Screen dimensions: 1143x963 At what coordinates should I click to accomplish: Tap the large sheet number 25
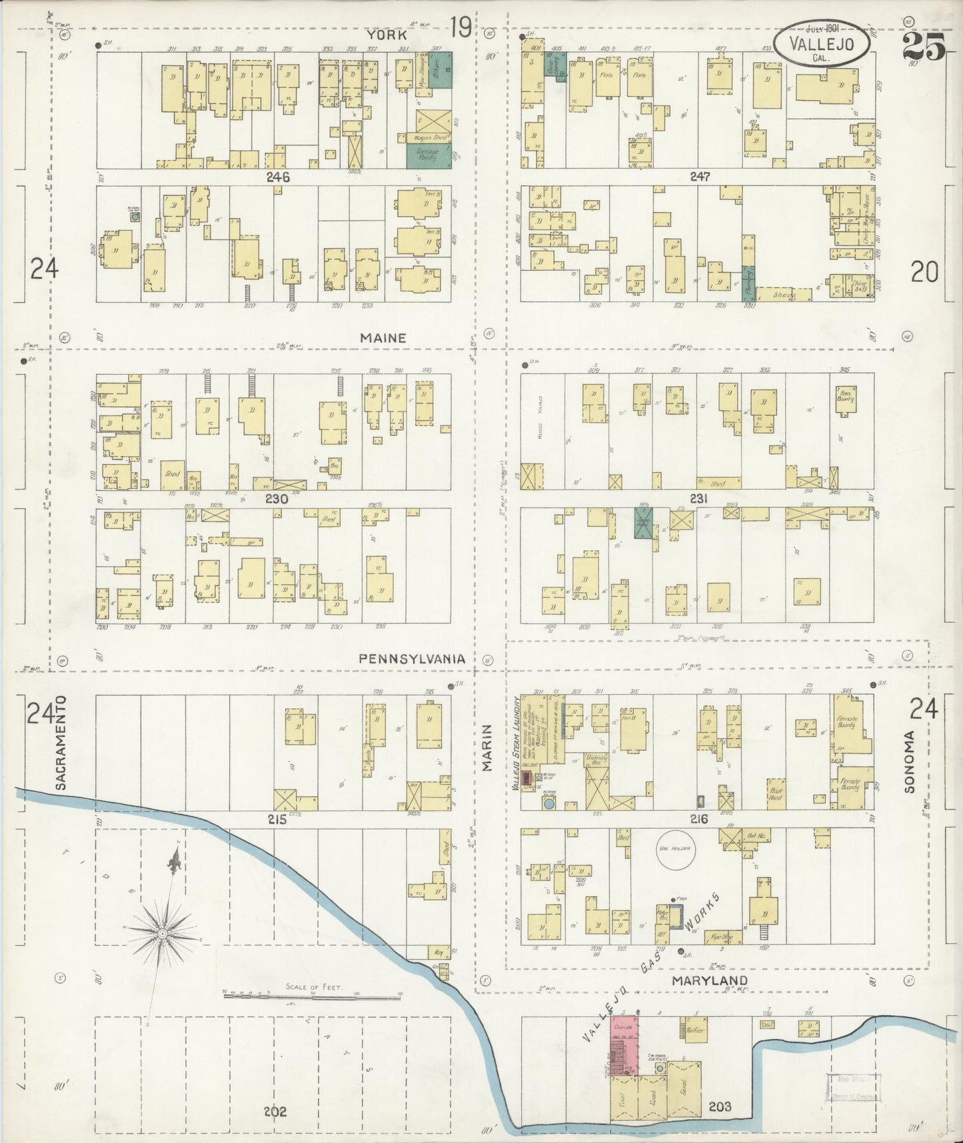[924, 47]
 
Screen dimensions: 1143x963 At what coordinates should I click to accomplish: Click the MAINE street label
[383, 338]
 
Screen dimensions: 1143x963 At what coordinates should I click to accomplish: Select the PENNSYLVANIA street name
[411, 658]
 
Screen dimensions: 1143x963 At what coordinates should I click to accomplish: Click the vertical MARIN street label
[487, 748]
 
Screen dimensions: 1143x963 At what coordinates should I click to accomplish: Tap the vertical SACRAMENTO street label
[61, 744]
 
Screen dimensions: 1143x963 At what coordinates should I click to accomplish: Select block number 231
[698, 499]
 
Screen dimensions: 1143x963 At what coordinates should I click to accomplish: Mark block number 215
[277, 820]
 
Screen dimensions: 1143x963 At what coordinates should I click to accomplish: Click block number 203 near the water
[720, 1107]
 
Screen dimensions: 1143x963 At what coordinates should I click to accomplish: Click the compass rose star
[163, 934]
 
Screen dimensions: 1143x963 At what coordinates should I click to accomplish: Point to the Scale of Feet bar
[313, 996]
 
